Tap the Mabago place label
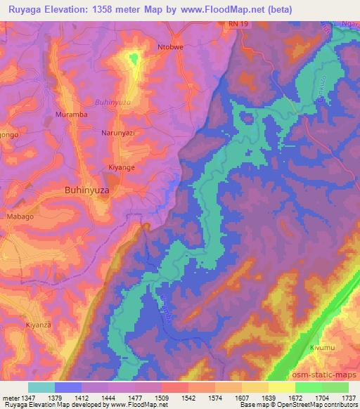(x=20, y=217)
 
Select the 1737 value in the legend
(x=347, y=398)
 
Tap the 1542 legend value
(x=188, y=398)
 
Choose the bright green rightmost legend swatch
(x=335, y=387)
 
